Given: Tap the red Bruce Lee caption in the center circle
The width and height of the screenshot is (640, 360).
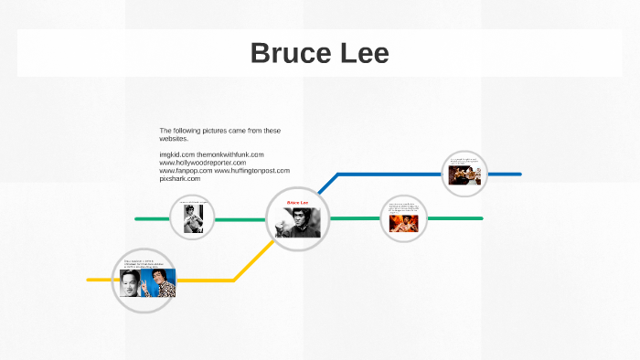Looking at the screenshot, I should pos(297,203).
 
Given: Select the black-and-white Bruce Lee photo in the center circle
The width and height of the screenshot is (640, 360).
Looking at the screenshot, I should pos(298,222).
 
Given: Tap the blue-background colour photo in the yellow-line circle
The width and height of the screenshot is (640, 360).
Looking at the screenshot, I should pos(161,283).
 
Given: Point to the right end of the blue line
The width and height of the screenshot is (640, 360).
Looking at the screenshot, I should pos(519,174).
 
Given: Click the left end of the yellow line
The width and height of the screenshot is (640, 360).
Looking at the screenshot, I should pos(89,280).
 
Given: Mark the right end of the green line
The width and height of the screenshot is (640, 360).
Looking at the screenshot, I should pos(480,218).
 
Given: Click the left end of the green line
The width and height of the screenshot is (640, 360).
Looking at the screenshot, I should pos(137,218).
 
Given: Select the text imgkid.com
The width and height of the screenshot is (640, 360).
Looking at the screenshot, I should pos(176,154).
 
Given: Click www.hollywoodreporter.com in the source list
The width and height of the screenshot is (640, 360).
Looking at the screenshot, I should pos(202,163).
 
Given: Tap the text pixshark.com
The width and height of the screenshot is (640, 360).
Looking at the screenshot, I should pos(179,178).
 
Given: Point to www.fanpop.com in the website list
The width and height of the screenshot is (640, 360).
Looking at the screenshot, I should pos(186,170).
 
